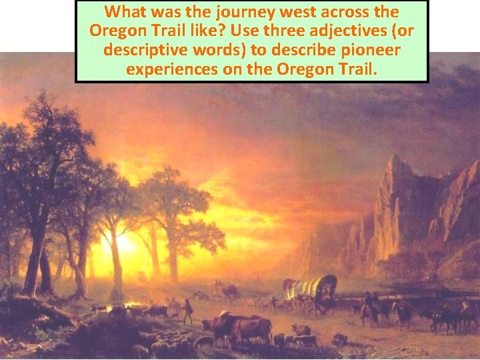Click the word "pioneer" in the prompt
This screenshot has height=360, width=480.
(x=353, y=50)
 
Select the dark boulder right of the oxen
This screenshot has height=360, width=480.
(x=339, y=340)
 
